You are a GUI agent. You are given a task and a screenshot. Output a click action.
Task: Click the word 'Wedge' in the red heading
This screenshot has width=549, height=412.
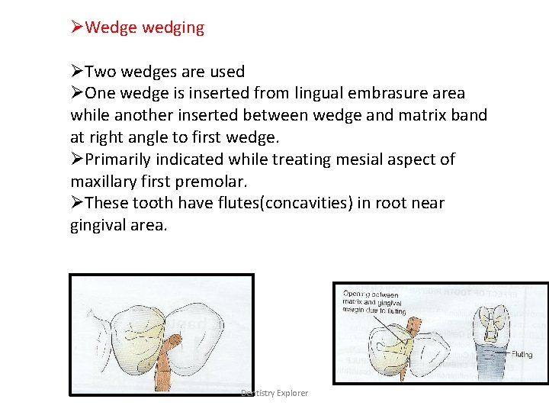[x=107, y=28]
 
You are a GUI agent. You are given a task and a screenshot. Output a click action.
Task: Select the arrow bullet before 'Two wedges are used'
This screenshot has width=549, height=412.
[x=77, y=72]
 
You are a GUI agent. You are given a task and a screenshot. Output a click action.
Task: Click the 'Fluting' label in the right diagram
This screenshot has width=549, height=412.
[x=522, y=354]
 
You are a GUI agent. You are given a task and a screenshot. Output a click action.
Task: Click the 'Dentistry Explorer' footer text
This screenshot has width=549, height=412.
[x=274, y=393]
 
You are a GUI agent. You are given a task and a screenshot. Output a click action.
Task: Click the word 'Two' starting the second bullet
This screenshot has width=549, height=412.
[x=99, y=72]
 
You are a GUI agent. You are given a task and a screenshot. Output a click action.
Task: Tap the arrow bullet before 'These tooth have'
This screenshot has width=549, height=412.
[x=77, y=204]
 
